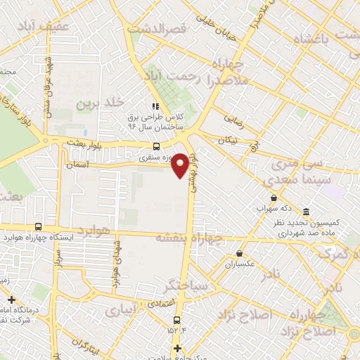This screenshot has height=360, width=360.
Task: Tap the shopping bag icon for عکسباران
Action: (x=240, y=253)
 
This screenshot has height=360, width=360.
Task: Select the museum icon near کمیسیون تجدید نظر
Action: (x=306, y=212)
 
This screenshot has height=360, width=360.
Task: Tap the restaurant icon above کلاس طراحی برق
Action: (x=155, y=105)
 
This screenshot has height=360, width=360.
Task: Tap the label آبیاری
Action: (x=120, y=310)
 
